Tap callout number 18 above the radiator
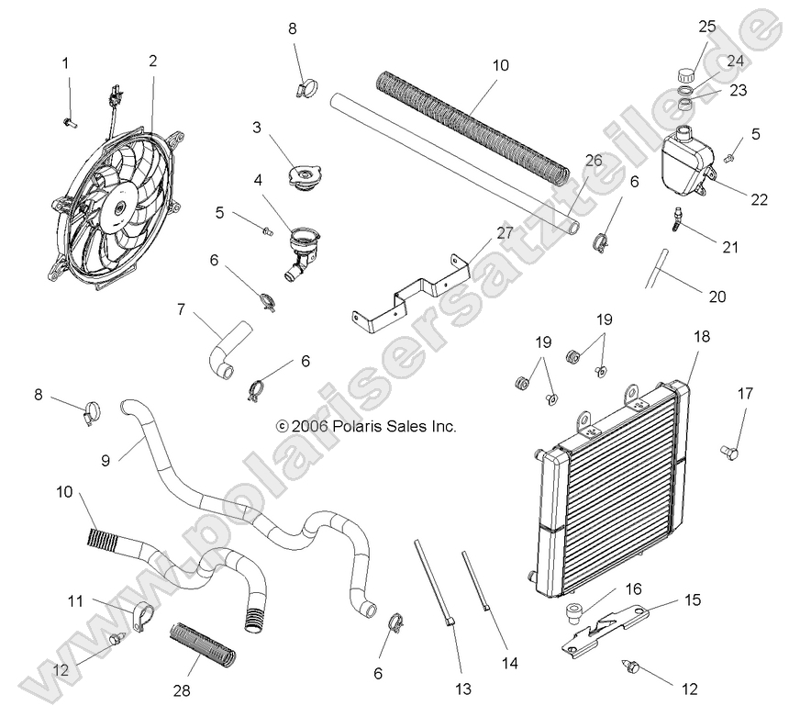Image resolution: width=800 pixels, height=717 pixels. pyautogui.click(x=702, y=337)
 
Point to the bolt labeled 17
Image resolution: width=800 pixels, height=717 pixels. pyautogui.click(x=731, y=451)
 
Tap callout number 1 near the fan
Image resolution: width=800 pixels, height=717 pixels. pyautogui.click(x=65, y=63)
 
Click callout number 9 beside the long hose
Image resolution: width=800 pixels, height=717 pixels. pyautogui.click(x=106, y=461)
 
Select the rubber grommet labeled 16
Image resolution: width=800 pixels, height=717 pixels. pyautogui.click(x=574, y=613)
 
